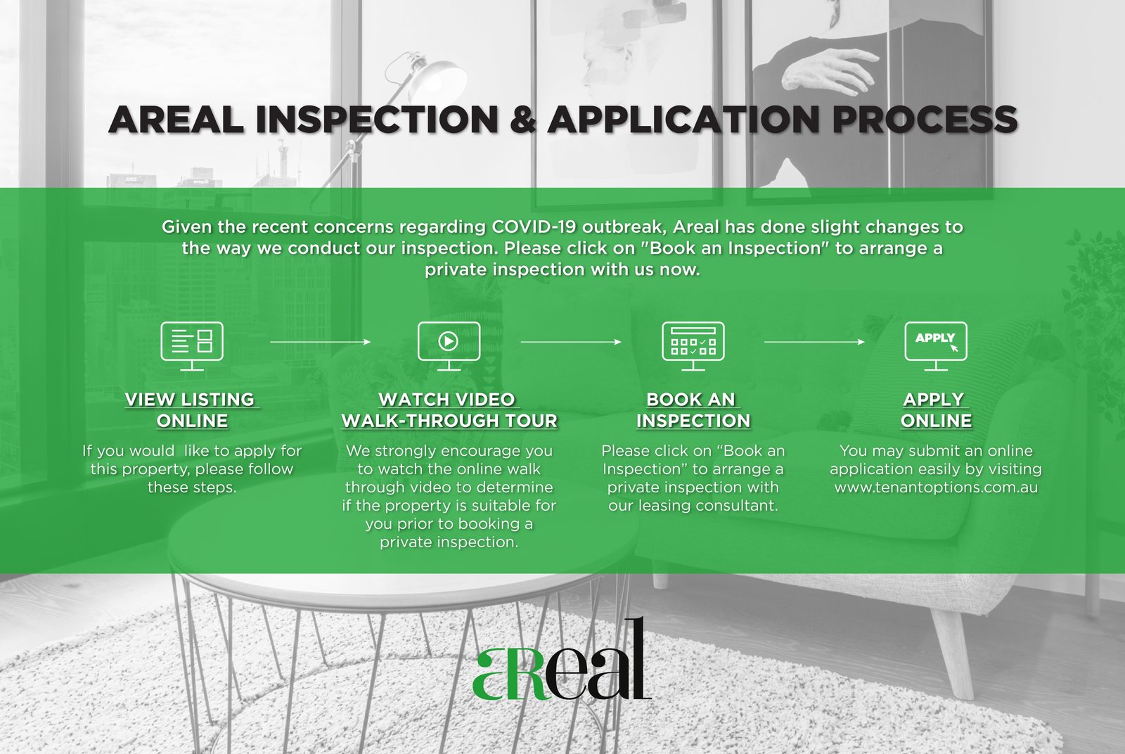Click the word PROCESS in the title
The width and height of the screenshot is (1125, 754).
click(x=925, y=120)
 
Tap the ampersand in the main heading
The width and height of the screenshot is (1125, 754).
click(x=522, y=120)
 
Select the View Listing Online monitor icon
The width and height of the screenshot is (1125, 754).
click(x=192, y=346)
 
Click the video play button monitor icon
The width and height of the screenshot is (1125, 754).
click(x=449, y=346)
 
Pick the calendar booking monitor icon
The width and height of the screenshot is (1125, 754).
click(x=693, y=346)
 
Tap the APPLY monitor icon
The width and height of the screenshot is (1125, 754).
click(x=936, y=346)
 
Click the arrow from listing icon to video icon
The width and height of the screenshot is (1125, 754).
click(x=321, y=342)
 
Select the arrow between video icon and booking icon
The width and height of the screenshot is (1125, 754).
click(x=571, y=342)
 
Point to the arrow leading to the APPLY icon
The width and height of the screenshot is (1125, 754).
click(x=815, y=342)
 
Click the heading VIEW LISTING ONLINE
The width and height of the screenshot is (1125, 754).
click(x=192, y=410)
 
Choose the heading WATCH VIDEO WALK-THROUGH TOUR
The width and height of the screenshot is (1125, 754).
click(x=449, y=410)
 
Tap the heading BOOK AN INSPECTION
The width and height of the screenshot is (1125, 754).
click(x=693, y=410)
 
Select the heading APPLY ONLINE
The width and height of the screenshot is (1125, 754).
click(x=936, y=410)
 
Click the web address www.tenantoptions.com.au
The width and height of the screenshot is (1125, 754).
click(x=936, y=487)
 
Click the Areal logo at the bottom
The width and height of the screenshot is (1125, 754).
click(x=562, y=659)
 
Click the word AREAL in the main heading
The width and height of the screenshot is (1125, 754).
click(x=176, y=120)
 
